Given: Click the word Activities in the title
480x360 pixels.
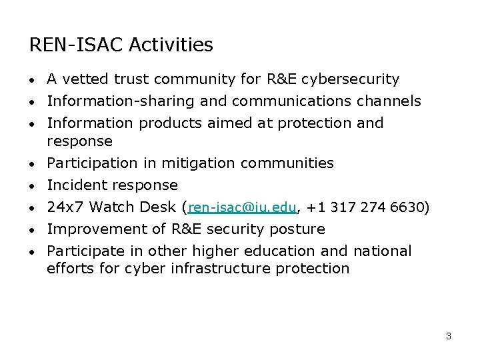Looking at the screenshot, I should point(171,45).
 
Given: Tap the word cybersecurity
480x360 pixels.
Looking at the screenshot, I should point(350,79).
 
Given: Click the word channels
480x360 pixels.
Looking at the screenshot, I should point(390,101).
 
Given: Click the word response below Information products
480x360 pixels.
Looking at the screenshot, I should point(79,141).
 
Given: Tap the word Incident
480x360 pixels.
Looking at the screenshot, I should point(77,185).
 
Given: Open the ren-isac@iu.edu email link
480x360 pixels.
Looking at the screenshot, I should point(242,207).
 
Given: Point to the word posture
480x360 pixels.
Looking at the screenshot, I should point(299,229).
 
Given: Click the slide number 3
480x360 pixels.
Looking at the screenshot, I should point(449,336).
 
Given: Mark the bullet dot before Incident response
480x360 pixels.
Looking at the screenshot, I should point(33,186).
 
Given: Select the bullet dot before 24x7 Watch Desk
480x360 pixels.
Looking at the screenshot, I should point(33,208).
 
